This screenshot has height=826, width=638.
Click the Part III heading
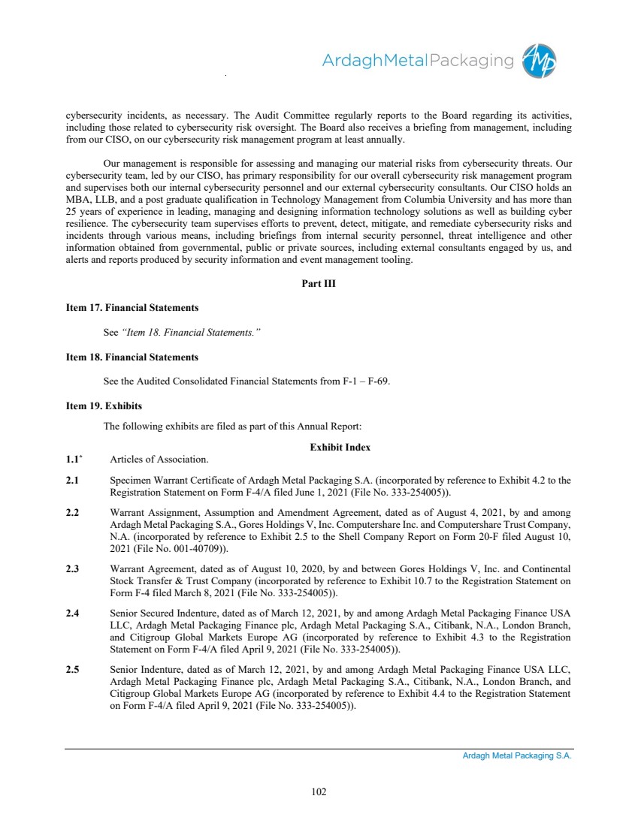pyautogui.click(x=319, y=283)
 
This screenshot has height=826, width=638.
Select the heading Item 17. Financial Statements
pyautogui.click(x=132, y=308)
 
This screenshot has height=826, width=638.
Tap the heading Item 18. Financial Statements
pyautogui.click(x=132, y=357)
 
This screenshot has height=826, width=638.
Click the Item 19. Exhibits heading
pyautogui.click(x=104, y=406)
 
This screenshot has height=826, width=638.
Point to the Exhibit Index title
pyautogui.click(x=340, y=447)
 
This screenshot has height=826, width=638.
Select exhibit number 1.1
pyautogui.click(x=74, y=459)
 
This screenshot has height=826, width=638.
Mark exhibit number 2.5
pyautogui.click(x=73, y=669)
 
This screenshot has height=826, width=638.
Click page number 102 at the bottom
pyautogui.click(x=319, y=791)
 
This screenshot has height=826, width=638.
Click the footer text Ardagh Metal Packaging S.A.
pyautogui.click(x=517, y=756)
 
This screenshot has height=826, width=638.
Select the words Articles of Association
pyautogui.click(x=159, y=459)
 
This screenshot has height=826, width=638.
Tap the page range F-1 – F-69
pyautogui.click(x=363, y=381)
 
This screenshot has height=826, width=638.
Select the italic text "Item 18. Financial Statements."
pyautogui.click(x=191, y=332)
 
